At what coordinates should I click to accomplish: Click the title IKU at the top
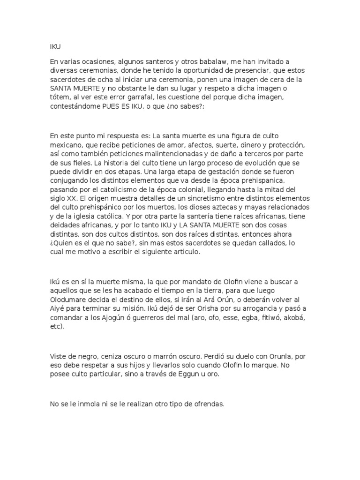pyautogui.click(x=55, y=46)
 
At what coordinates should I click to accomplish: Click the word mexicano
pyautogui.click(x=66, y=144)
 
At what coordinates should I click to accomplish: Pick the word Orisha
pyautogui.click(x=201, y=308)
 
